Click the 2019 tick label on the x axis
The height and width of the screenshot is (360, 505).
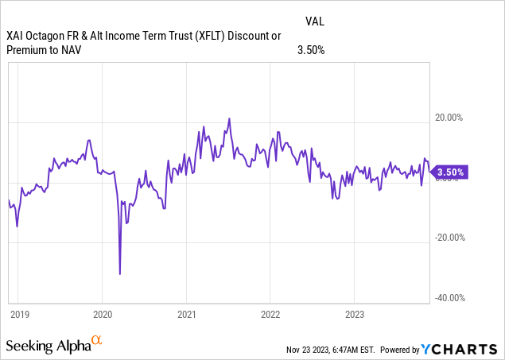(19, 313)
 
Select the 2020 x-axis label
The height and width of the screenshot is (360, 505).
(104, 313)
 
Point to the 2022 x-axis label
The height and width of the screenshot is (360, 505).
(271, 313)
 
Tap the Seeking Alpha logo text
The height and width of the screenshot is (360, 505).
(48, 346)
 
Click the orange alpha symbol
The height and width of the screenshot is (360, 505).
(97, 341)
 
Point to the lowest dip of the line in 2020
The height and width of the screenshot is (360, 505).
(120, 274)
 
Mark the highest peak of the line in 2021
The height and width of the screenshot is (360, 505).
(229, 119)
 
